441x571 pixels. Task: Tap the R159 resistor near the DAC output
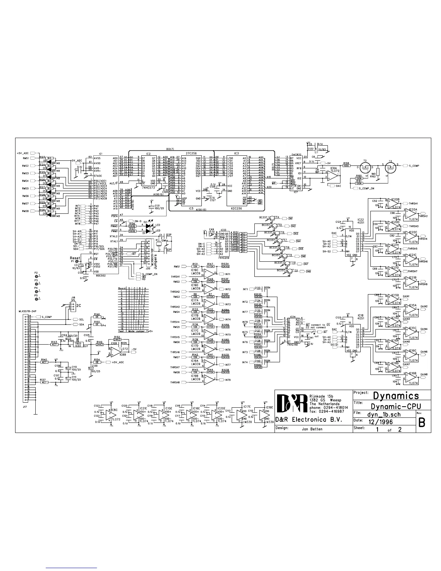point(347,166)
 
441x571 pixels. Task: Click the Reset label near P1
point(75,258)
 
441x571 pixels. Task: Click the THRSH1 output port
point(412,203)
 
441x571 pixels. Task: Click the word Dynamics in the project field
point(396,395)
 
